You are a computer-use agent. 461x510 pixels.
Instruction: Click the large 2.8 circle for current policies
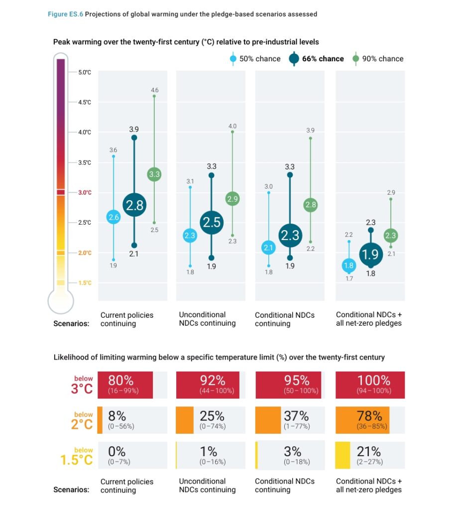(x=134, y=205)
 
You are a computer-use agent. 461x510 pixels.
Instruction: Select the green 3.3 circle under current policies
(x=154, y=175)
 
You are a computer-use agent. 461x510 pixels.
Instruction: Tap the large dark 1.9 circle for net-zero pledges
(x=370, y=255)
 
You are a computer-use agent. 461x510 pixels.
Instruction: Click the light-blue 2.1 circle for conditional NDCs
(x=269, y=248)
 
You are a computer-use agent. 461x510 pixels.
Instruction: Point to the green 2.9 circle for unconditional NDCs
(x=232, y=199)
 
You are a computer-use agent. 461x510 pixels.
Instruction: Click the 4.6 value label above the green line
(x=154, y=90)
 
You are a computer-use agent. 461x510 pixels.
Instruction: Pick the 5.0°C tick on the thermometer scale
(x=85, y=72)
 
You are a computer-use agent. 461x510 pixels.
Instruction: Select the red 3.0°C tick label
(x=85, y=192)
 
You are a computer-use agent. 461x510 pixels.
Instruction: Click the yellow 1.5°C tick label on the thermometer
(x=85, y=283)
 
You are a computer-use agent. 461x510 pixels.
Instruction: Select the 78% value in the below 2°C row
(x=369, y=416)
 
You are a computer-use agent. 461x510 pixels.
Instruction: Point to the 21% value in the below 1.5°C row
(x=369, y=451)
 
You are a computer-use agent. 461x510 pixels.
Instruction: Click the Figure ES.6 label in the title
(x=65, y=14)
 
